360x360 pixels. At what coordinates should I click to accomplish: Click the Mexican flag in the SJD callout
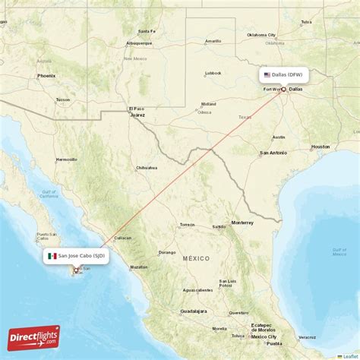coord(52,256)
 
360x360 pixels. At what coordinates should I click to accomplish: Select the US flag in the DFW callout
coord(267,75)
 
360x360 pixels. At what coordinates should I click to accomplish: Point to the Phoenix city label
coord(46,76)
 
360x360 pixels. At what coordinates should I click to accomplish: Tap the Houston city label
coord(321,146)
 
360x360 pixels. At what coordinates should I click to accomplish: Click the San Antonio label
coord(273,153)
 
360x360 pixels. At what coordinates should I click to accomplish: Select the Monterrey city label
coord(242,223)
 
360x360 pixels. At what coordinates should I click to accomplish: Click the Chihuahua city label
coord(147,167)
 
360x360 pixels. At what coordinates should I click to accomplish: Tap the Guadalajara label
coord(193,311)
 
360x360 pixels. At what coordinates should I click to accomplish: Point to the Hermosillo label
coord(67,159)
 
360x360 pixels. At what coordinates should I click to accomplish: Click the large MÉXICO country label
coord(196,259)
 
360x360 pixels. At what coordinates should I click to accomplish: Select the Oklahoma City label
coord(261,35)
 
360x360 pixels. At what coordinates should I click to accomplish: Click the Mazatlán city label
coord(139,267)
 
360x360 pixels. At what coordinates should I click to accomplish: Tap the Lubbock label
coord(212,74)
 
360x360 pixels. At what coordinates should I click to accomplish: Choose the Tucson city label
coord(63,99)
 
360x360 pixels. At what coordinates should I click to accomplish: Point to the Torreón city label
coord(187,225)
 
